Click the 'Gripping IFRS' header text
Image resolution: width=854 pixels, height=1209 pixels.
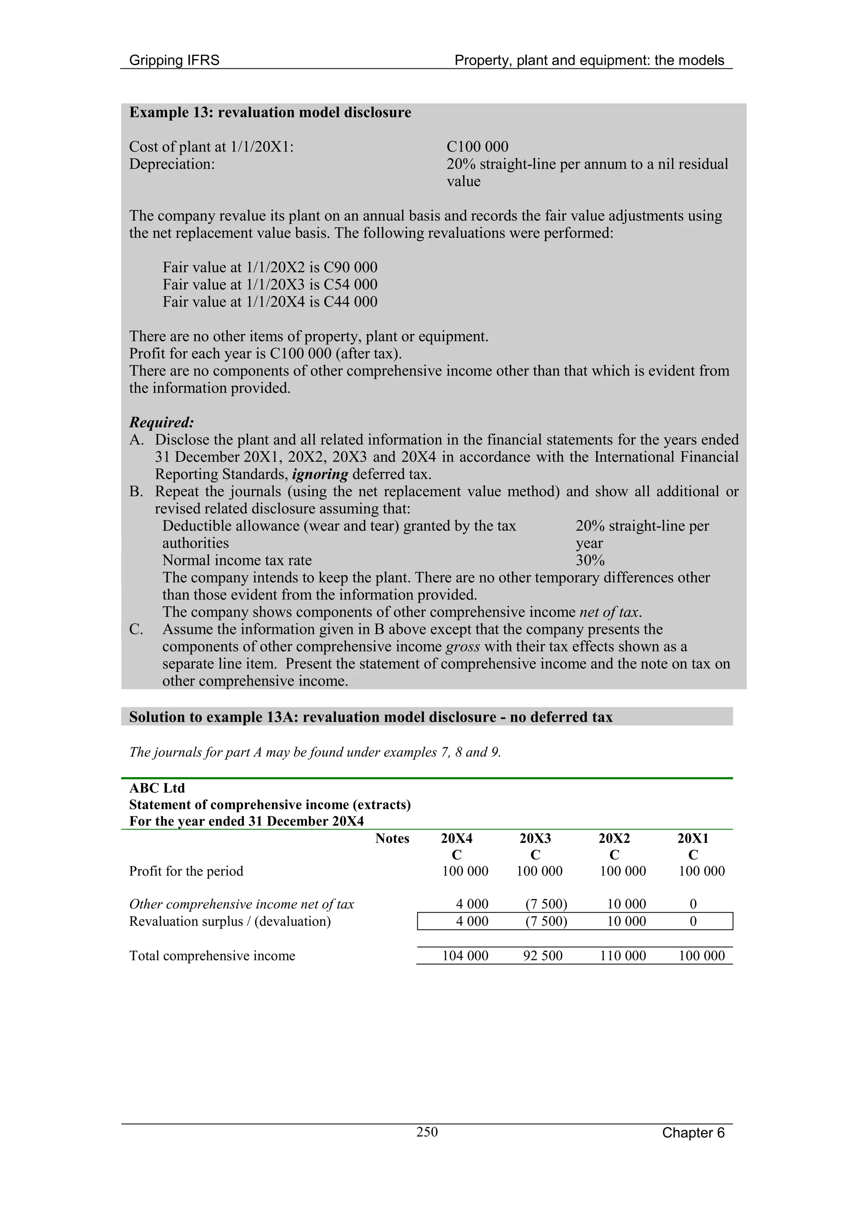click(x=174, y=61)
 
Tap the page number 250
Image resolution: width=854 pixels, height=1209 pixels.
click(x=427, y=1132)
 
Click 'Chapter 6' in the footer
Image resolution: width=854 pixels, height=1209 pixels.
click(x=693, y=1133)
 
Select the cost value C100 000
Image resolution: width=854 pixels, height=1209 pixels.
click(x=477, y=147)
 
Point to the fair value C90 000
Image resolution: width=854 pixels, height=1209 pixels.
click(x=350, y=268)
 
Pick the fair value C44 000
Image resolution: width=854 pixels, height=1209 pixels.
click(x=350, y=302)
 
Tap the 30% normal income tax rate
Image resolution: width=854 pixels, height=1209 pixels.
click(x=590, y=560)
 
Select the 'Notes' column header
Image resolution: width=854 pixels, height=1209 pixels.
click(x=392, y=838)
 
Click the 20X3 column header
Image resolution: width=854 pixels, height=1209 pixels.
click(x=535, y=838)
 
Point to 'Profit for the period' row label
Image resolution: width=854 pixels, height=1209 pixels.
click(x=186, y=871)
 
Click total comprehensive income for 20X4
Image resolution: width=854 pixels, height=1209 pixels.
click(x=465, y=956)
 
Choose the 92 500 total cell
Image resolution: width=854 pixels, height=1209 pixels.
click(x=543, y=956)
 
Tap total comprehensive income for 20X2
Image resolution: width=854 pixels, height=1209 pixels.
click(x=623, y=956)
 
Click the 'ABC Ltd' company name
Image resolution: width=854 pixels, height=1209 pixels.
click(x=157, y=788)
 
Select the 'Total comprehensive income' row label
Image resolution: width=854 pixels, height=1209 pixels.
click(x=212, y=956)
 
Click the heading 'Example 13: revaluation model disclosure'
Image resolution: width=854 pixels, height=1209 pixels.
click(x=270, y=113)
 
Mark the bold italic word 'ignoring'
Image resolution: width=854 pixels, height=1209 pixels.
click(x=320, y=475)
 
